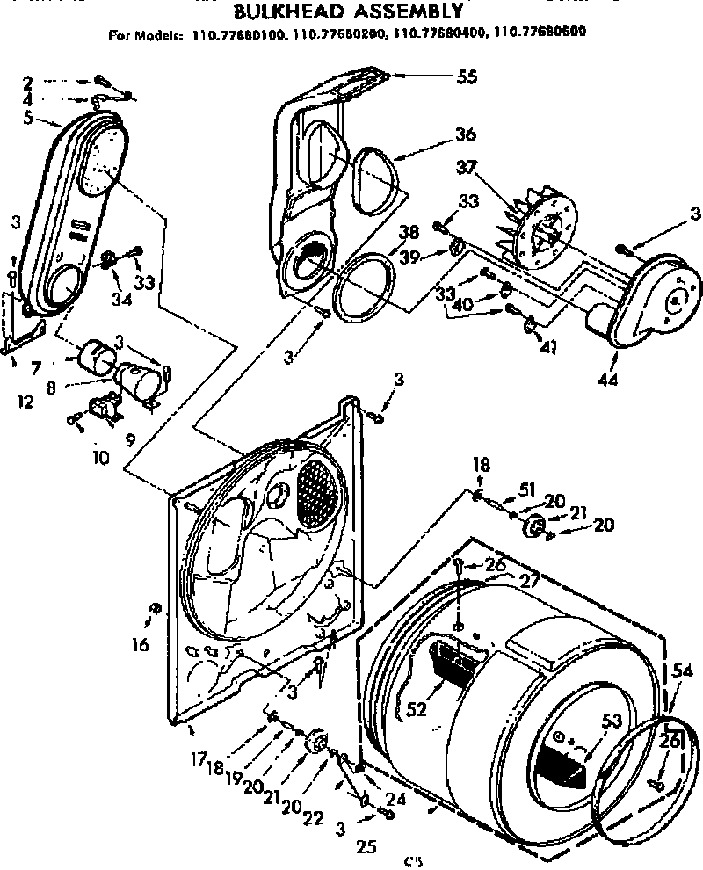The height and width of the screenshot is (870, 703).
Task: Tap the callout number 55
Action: point(466,76)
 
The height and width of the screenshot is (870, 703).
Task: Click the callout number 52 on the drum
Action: point(416,709)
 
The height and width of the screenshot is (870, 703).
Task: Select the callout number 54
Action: point(682,671)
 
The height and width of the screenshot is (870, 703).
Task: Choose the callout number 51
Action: point(526,490)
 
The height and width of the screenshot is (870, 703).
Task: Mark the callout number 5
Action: point(28,117)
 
